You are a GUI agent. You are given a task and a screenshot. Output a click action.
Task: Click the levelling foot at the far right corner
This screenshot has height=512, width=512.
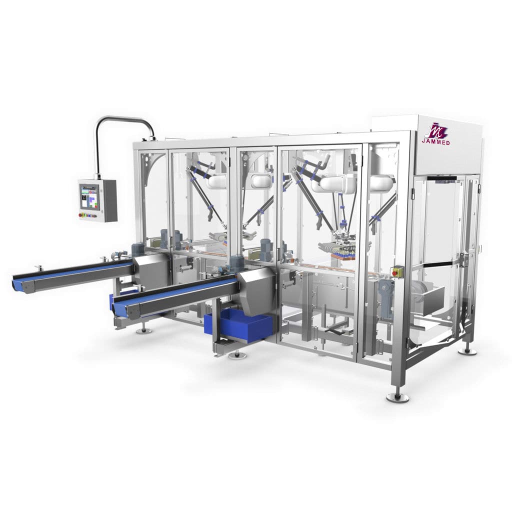coord(467,350)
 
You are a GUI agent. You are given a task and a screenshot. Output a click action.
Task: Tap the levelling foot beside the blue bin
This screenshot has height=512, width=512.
coord(237,355)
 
